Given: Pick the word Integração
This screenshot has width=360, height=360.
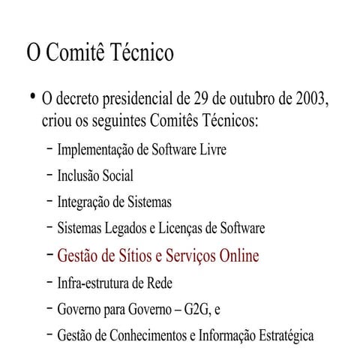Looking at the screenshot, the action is [83, 202].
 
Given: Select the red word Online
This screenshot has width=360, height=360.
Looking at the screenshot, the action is [239, 256].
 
